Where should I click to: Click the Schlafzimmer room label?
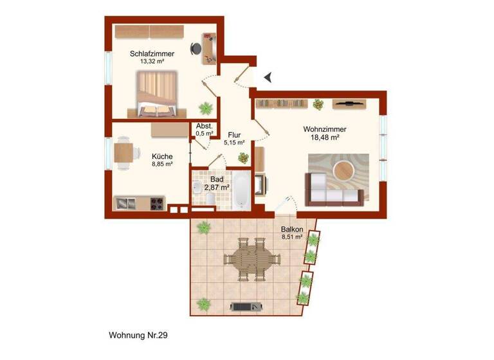[x=147, y=54]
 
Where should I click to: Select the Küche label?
[x=161, y=156]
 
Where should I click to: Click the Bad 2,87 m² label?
[x=217, y=183]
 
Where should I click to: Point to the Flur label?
[x=234, y=136]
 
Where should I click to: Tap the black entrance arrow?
[x=268, y=77]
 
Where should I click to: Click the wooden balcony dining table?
[x=253, y=259]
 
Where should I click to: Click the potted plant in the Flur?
[x=242, y=157]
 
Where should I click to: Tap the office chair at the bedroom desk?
[x=196, y=48]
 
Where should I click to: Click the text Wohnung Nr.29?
[x=139, y=335]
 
